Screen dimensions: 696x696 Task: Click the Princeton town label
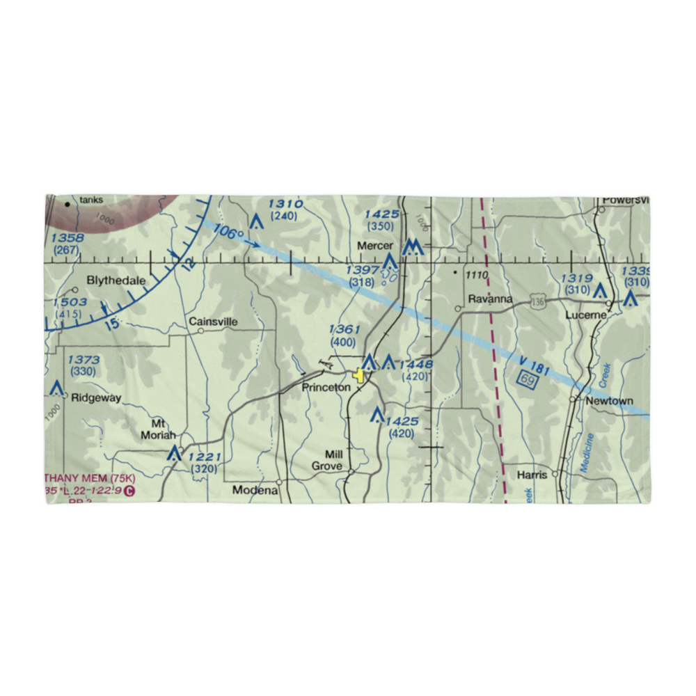point(326,388)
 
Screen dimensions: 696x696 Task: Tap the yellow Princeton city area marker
point(359,376)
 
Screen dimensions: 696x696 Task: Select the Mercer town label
point(375,246)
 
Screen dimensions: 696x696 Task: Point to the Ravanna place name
point(490,299)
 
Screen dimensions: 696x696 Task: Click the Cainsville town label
point(213,322)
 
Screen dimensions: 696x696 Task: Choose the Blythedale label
point(116,281)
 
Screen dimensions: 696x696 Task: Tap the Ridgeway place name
point(96,399)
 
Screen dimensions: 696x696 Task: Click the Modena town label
point(255,490)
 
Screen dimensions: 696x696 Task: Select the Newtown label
point(609,401)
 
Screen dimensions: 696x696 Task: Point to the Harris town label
point(533,476)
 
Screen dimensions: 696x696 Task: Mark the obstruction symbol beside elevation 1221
point(174,455)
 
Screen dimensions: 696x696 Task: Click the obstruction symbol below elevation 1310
point(256,222)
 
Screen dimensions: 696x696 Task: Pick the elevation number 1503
point(70,302)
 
